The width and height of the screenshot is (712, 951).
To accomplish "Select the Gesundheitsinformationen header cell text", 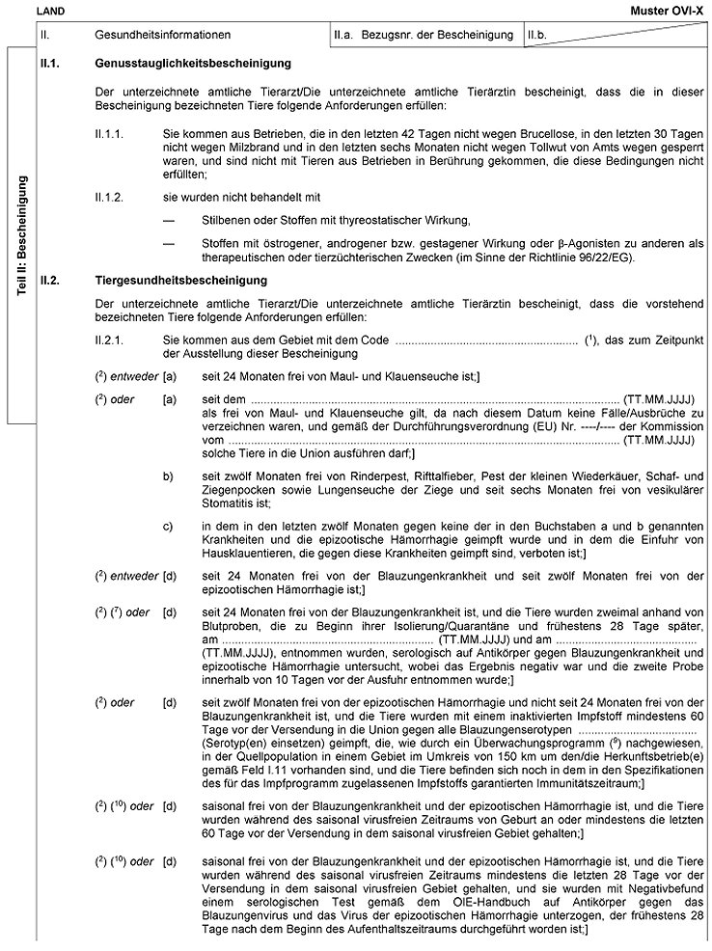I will coord(163,36).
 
